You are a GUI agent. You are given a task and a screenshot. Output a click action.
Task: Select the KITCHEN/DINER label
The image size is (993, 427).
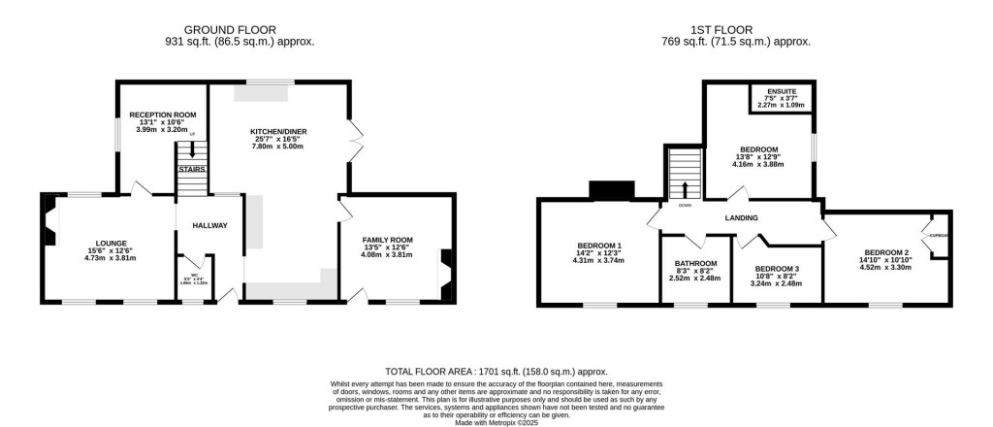point(278,131)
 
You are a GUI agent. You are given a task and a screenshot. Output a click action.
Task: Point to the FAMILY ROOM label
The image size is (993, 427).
point(388,240)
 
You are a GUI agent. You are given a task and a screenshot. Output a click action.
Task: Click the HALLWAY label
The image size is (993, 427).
point(208,226)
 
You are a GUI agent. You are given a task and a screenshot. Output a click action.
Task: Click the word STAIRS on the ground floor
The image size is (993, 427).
point(191,169)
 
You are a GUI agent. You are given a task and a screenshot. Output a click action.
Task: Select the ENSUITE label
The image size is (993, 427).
point(782,91)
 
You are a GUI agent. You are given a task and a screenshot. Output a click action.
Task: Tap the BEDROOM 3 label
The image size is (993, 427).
point(777,269)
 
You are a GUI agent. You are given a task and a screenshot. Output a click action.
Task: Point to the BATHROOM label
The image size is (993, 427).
point(695,264)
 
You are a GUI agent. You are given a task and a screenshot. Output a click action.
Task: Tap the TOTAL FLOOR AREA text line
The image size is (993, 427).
point(496,371)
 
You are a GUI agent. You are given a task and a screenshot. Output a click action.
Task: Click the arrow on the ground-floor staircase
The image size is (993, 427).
point(193,149)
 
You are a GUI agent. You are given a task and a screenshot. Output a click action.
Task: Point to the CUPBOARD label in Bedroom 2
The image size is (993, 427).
point(938,236)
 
